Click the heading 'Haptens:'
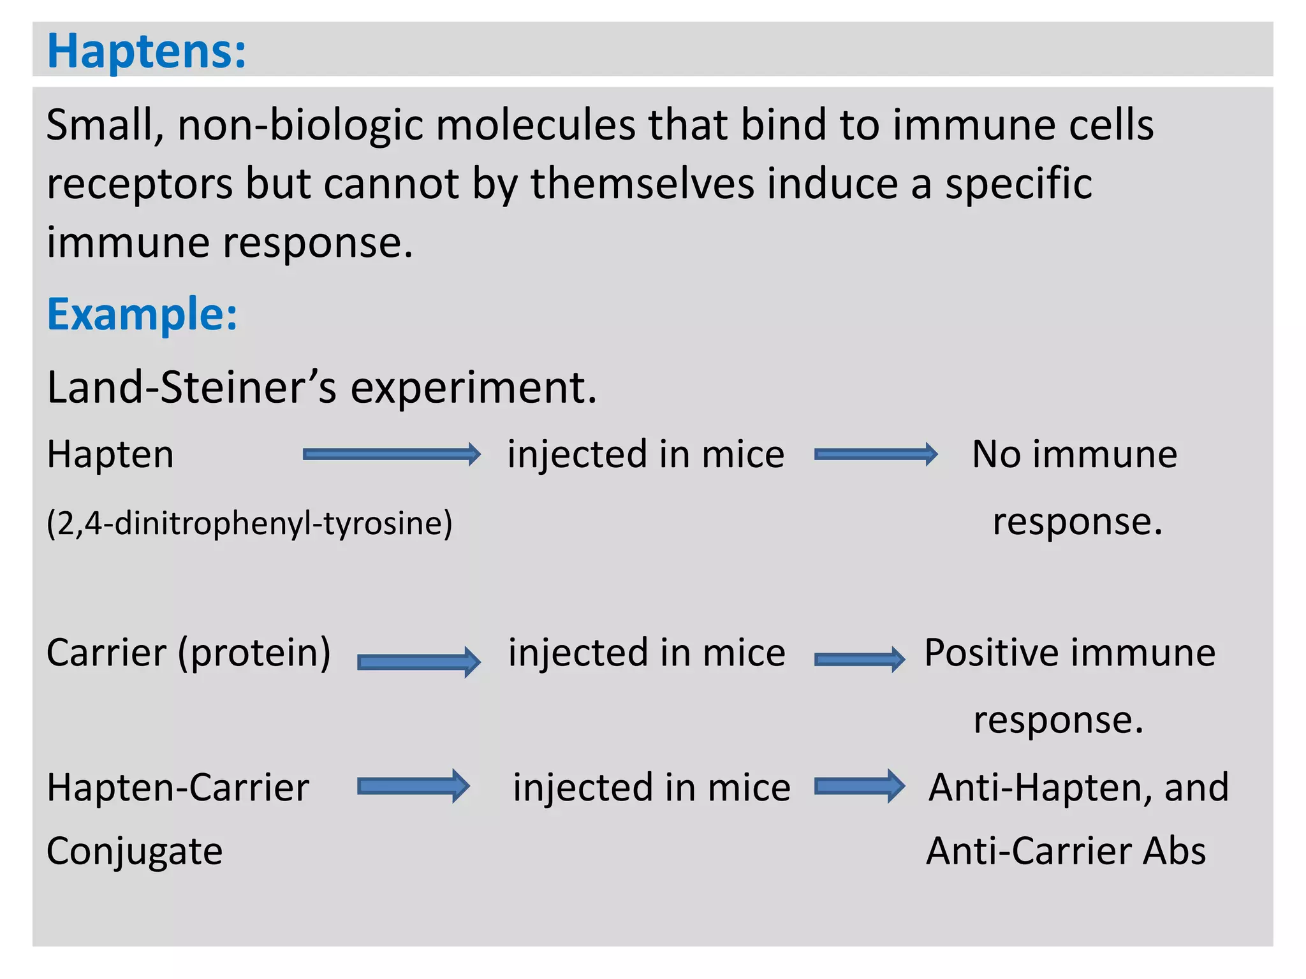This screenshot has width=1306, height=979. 146,51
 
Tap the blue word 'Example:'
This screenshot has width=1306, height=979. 142,314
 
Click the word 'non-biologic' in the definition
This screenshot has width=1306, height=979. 300,125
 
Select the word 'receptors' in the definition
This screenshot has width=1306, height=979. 140,185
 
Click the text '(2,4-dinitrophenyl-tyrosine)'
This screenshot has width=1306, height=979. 249,523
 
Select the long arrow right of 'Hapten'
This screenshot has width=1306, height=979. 391,454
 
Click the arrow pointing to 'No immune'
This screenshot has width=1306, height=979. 875,454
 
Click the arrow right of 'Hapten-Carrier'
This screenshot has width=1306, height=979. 413,786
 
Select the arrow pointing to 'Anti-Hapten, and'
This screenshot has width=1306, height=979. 859,786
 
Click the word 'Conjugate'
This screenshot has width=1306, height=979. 135,852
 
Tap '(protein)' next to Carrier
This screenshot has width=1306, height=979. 254,653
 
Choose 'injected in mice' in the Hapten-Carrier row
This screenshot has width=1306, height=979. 651,788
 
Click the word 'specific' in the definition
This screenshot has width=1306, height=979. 1018,184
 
